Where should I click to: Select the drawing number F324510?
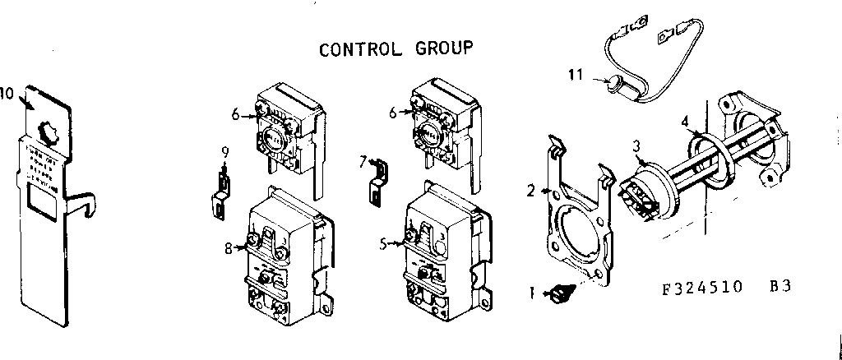tap(702, 287)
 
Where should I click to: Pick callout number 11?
tap(576, 75)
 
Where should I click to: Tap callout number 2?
tap(531, 191)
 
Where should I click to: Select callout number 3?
tap(636, 146)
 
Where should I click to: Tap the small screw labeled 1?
tap(561, 292)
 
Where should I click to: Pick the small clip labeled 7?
tap(376, 185)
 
